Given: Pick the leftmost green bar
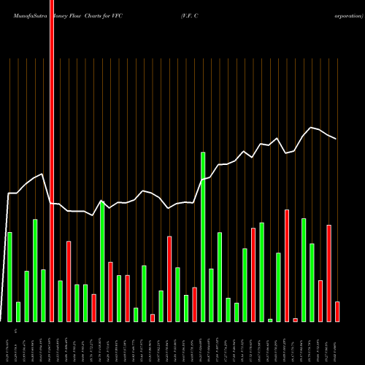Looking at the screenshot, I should click(x=9, y=277).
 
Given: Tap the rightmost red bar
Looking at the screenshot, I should click(x=337, y=312).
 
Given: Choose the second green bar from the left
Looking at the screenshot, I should click(x=18, y=312).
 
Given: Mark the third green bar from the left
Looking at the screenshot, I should click(x=27, y=296).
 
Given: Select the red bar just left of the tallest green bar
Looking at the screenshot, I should click(x=194, y=304).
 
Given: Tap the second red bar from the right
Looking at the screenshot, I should click(x=328, y=273).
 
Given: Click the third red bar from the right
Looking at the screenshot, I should click(x=320, y=301).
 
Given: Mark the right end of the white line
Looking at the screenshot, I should click(x=336, y=139).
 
